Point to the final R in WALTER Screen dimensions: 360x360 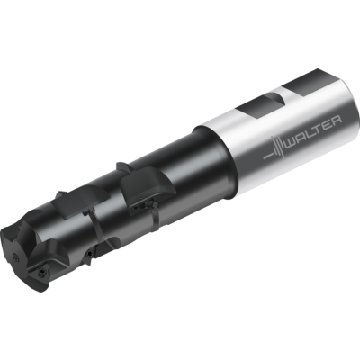click(x=336, y=120)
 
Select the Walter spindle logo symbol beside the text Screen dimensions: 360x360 click(x=274, y=148)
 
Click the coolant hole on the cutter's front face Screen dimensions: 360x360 click(x=15, y=256)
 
